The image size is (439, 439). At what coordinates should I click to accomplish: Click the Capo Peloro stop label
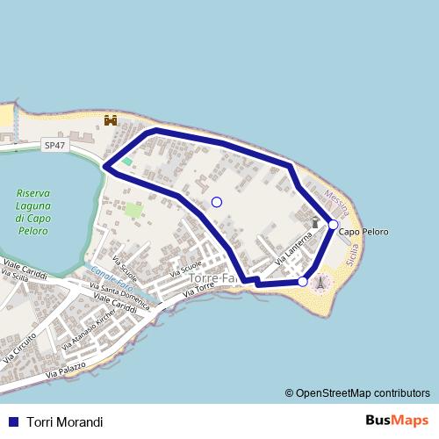point(363,232)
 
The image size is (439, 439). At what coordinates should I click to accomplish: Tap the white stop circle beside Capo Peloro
point(334,225)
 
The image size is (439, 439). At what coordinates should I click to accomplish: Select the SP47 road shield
point(54,146)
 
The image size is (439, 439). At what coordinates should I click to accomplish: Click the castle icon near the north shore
point(111,120)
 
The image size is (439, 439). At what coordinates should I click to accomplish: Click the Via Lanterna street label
point(293,250)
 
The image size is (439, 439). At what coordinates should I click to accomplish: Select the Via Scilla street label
point(15,277)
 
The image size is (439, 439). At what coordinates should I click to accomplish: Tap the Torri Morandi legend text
point(65,422)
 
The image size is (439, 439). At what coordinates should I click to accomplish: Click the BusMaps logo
point(398,421)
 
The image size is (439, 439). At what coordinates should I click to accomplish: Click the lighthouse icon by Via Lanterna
point(314,223)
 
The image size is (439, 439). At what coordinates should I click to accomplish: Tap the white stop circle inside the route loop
point(217,202)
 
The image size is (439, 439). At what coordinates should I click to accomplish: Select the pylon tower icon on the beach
point(321,283)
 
